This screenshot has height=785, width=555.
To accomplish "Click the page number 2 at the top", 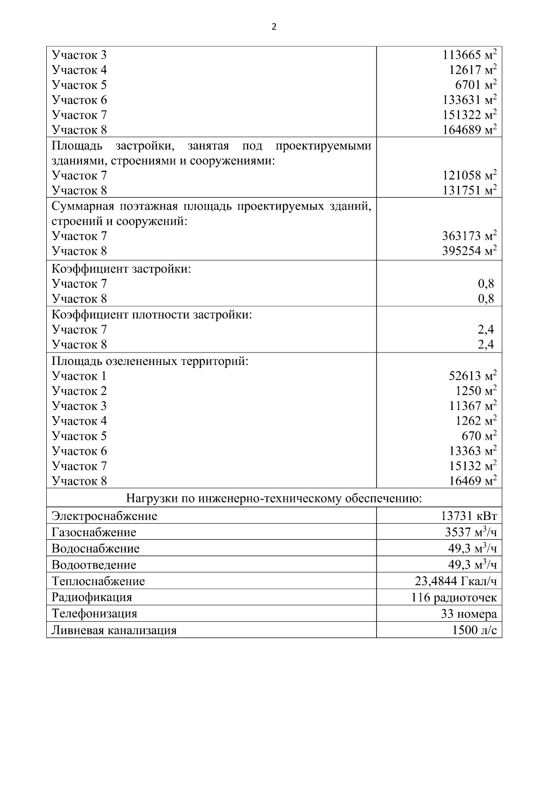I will click(x=274, y=27).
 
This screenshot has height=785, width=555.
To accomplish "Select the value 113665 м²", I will click(x=469, y=55).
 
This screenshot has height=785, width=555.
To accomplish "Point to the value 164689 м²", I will click(x=469, y=130).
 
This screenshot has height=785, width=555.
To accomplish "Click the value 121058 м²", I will click(x=469, y=175).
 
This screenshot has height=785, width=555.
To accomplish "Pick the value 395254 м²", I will click(x=469, y=251).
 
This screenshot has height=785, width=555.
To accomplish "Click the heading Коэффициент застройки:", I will click(x=121, y=269).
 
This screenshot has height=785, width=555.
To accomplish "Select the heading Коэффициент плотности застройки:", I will click(x=152, y=315).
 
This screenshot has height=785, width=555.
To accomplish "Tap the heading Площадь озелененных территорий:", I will click(x=150, y=361).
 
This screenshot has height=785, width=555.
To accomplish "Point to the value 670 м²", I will click(x=479, y=436).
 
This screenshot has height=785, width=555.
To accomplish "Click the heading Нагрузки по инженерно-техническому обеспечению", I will click(x=274, y=498).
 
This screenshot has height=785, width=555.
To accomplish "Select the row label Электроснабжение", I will click(x=105, y=516).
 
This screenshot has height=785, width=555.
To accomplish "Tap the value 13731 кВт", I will click(x=469, y=516).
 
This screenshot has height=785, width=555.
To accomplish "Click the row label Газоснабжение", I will click(x=94, y=532).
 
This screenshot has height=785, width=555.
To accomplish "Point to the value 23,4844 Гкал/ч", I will click(x=456, y=581).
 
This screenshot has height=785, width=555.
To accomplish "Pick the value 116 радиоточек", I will click(x=454, y=597).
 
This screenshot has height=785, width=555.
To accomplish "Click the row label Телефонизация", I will click(x=94, y=614).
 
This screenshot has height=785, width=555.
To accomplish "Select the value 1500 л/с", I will click(x=475, y=630).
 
